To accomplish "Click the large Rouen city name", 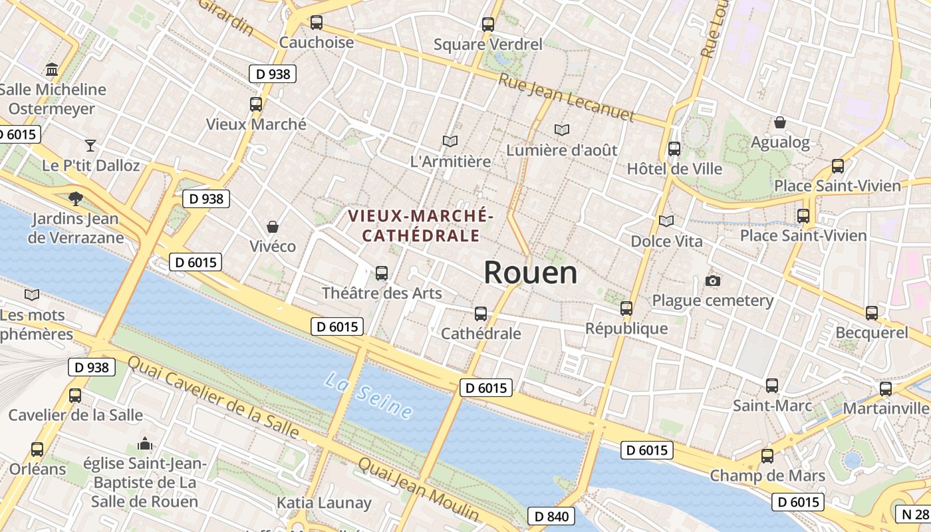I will pos(530,273).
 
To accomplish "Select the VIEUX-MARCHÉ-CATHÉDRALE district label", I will pos(420,225).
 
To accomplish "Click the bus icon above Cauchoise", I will pos(317,23).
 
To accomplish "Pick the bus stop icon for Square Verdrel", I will pos(488,25).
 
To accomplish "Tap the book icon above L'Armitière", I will pos(450,141).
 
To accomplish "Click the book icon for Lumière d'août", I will pos(562,130).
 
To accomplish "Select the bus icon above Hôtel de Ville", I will pos(674,149).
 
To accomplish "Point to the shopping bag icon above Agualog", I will pos(780,122).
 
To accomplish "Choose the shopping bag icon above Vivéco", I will pos(272,227).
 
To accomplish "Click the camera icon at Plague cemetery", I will pos(713,281).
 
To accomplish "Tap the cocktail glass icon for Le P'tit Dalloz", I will pos(90,145).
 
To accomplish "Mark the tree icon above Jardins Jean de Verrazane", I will pos(76,198).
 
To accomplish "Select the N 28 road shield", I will pos(915,513).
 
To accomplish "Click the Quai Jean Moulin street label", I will pos(418,489).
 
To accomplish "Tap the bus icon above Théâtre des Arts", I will pos(382,273).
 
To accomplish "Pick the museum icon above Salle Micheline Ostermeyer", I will pos(52,69).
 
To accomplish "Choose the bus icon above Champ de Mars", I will pos(767,456).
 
